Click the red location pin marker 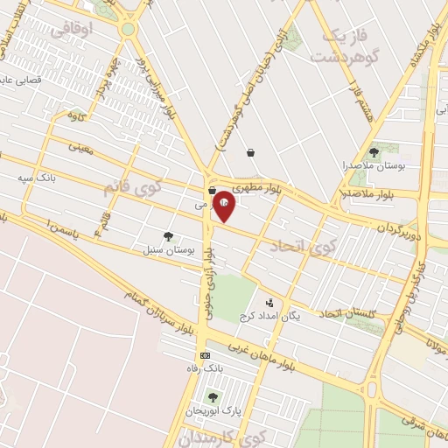point(224,206)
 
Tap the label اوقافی point(71,31)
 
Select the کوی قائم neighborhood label point(132,185)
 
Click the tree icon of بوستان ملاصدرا point(374,151)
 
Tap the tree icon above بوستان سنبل point(168,236)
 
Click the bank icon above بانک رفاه point(205,355)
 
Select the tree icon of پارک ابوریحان point(212,398)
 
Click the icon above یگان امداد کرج point(269,303)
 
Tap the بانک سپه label point(37,178)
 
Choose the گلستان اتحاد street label point(346,312)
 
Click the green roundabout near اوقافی point(129,30)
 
